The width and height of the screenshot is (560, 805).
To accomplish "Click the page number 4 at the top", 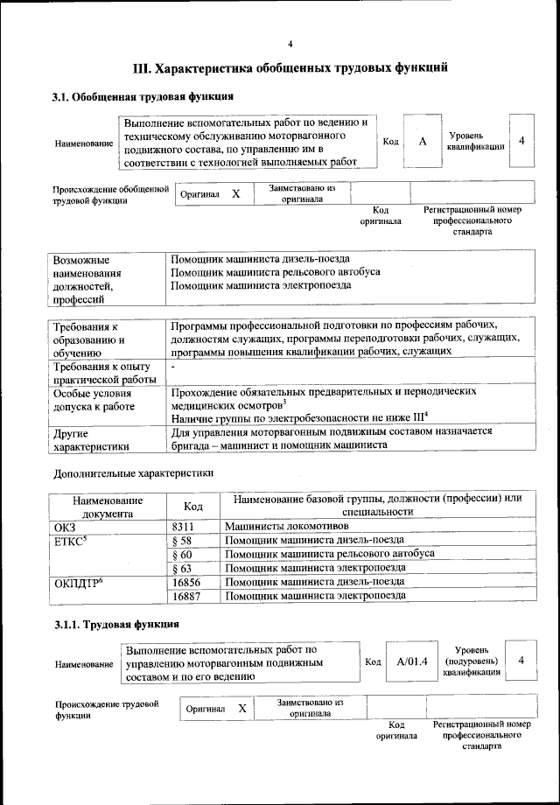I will [x=290, y=45].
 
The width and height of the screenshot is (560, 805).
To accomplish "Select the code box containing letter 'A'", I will [x=423, y=142].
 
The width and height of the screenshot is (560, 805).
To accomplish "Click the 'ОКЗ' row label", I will [x=66, y=526].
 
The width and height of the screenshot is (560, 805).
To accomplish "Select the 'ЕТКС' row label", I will [x=71, y=540].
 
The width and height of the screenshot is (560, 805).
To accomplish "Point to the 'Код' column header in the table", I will [x=193, y=506].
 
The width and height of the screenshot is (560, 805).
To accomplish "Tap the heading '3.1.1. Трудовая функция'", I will [x=115, y=625].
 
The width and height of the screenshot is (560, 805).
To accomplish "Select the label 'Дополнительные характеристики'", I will [x=133, y=472].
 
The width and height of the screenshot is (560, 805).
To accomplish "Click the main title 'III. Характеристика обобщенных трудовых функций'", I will [x=290, y=67].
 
